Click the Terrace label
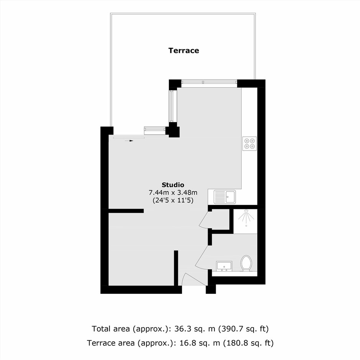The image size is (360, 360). click(x=184, y=51)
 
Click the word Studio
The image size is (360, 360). click(x=173, y=185)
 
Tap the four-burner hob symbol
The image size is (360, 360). click(x=249, y=144)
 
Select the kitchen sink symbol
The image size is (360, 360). click(x=224, y=197)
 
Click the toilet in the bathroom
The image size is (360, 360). click(x=246, y=263)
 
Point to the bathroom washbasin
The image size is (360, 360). click(x=224, y=266)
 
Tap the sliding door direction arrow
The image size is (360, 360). click(x=129, y=141)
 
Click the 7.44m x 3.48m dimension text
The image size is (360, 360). click(x=173, y=192)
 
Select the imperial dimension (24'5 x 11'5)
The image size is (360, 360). click(x=173, y=200)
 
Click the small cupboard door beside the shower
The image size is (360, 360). click(x=203, y=220)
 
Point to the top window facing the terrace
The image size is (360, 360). click(x=209, y=82)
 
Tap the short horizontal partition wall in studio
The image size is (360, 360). click(x=126, y=211)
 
